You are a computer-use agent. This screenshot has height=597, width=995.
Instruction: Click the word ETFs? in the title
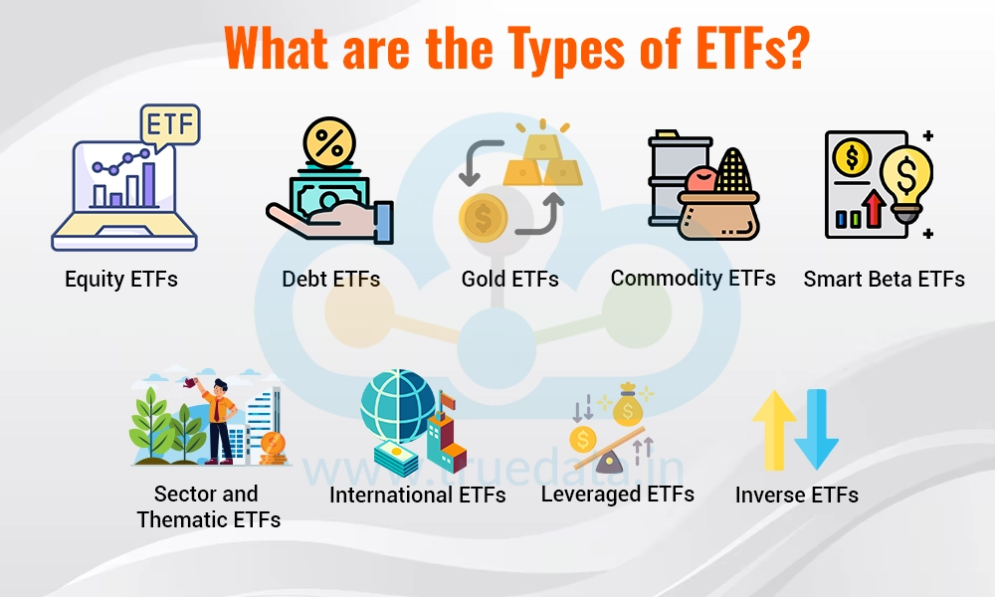pos(730,49)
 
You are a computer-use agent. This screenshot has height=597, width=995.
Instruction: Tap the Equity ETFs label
pos(121,279)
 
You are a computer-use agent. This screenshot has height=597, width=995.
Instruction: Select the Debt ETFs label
pos(331,280)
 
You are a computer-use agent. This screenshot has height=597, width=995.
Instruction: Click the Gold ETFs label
pos(510,280)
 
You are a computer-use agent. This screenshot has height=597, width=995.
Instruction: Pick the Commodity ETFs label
pos(694,278)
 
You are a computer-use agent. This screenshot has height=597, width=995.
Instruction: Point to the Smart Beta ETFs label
pos(884,280)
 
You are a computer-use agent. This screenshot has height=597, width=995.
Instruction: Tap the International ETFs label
pos(418,495)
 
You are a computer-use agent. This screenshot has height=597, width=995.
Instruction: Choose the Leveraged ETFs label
pos(618,494)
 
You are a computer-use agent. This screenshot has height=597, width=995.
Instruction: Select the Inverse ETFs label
pos(797,495)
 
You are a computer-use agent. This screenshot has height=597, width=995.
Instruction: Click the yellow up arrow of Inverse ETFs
pos(773,428)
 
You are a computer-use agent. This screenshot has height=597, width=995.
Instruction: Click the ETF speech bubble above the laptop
pos(170,126)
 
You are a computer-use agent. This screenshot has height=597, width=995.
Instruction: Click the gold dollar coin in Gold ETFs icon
pos(483,216)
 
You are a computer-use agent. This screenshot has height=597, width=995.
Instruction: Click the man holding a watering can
pos(220,418)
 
